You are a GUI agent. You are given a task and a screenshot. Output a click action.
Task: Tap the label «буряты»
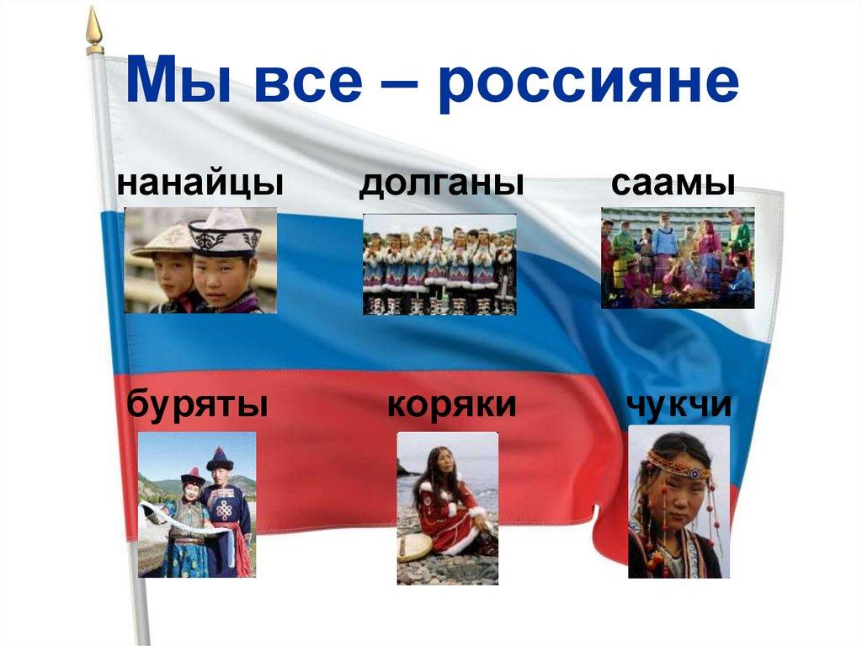tap(199, 404)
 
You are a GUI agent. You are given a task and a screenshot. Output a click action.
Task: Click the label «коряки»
tap(451, 404)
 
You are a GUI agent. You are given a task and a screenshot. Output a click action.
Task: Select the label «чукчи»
tap(678, 404)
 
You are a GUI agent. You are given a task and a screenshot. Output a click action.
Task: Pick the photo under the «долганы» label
tap(439, 264)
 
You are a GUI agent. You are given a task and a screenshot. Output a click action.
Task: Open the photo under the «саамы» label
tap(677, 257)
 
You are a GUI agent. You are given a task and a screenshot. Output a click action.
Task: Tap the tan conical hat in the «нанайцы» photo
tap(163, 241)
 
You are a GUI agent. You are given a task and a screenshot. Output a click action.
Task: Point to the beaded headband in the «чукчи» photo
tap(678, 463)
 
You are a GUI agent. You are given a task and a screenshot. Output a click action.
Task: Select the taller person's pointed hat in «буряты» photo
tap(220, 459)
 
